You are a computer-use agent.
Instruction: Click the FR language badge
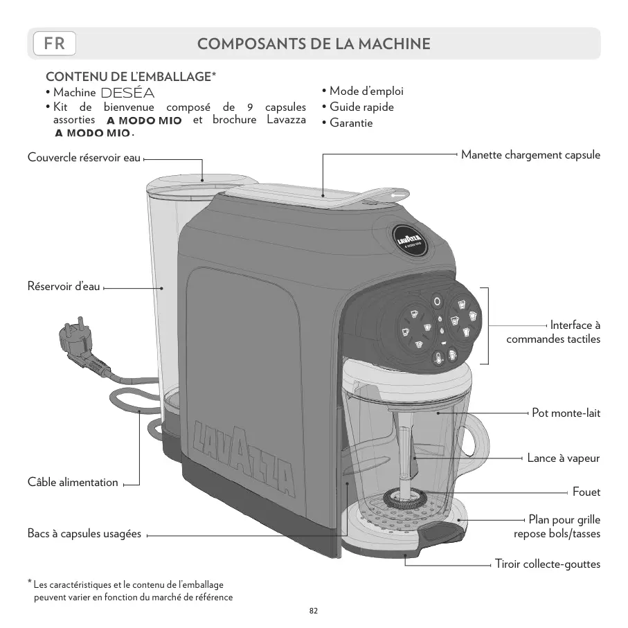tap(54, 44)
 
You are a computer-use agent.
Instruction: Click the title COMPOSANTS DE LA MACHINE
tap(314, 44)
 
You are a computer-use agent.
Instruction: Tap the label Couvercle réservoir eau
tap(83, 159)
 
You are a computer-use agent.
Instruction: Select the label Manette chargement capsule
tap(530, 154)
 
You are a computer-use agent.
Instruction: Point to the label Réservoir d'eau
tap(63, 287)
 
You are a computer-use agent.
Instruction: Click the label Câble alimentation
tap(73, 482)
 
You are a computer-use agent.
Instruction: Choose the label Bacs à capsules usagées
tap(84, 534)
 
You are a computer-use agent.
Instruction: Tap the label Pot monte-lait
tap(566, 413)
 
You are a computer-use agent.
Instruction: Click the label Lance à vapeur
tap(563, 458)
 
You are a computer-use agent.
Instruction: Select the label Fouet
tap(586, 492)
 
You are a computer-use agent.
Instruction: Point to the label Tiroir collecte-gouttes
tap(547, 564)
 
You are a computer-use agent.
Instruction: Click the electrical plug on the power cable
tap(78, 344)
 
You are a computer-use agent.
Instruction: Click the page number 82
tap(314, 611)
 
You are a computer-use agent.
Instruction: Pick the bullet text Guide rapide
tap(361, 107)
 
